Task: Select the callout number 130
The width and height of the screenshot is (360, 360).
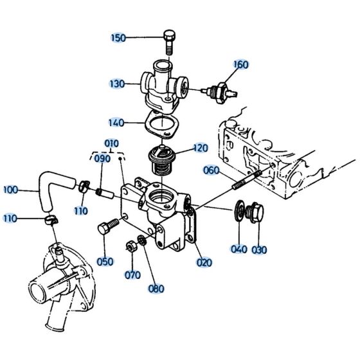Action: pos(117,84)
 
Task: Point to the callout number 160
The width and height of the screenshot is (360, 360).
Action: pos(240,64)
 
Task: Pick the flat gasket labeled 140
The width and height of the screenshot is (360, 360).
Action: pos(161,124)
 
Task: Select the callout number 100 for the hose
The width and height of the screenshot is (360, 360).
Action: pos(11,190)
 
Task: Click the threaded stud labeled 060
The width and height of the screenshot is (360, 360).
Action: pos(246,179)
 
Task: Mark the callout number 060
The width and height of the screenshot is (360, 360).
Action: pos(212,170)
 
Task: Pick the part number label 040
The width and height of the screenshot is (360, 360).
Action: pos(238,249)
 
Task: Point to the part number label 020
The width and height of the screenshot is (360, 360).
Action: pos(204,262)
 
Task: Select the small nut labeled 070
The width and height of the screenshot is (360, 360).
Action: pos(129,245)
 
